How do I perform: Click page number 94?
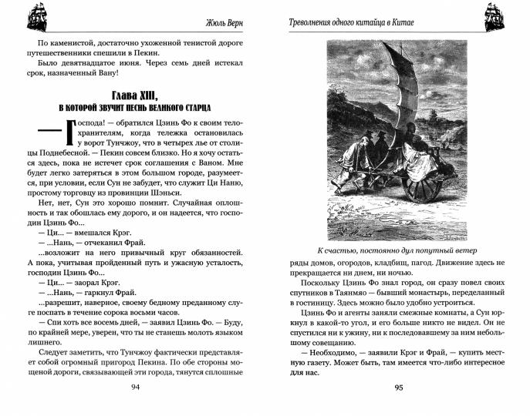tap(136, 387)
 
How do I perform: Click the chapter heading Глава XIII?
tap(136, 96)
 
